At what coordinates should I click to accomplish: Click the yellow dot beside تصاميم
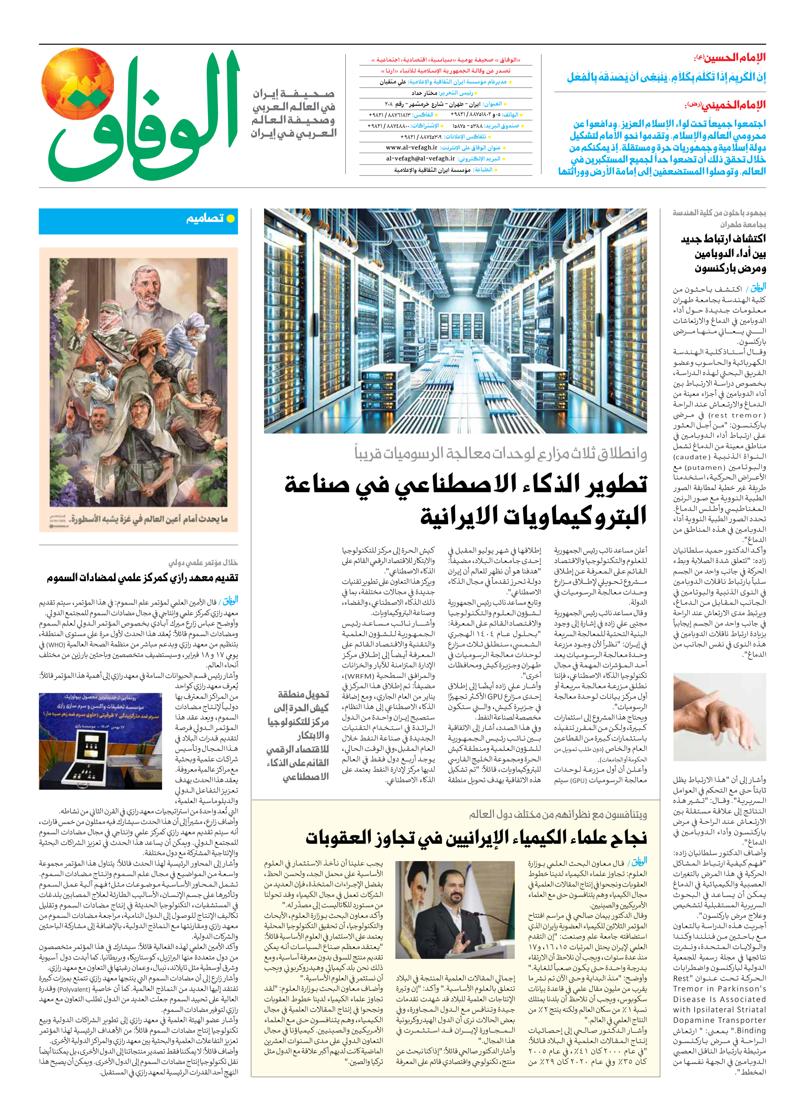[x=230, y=219]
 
